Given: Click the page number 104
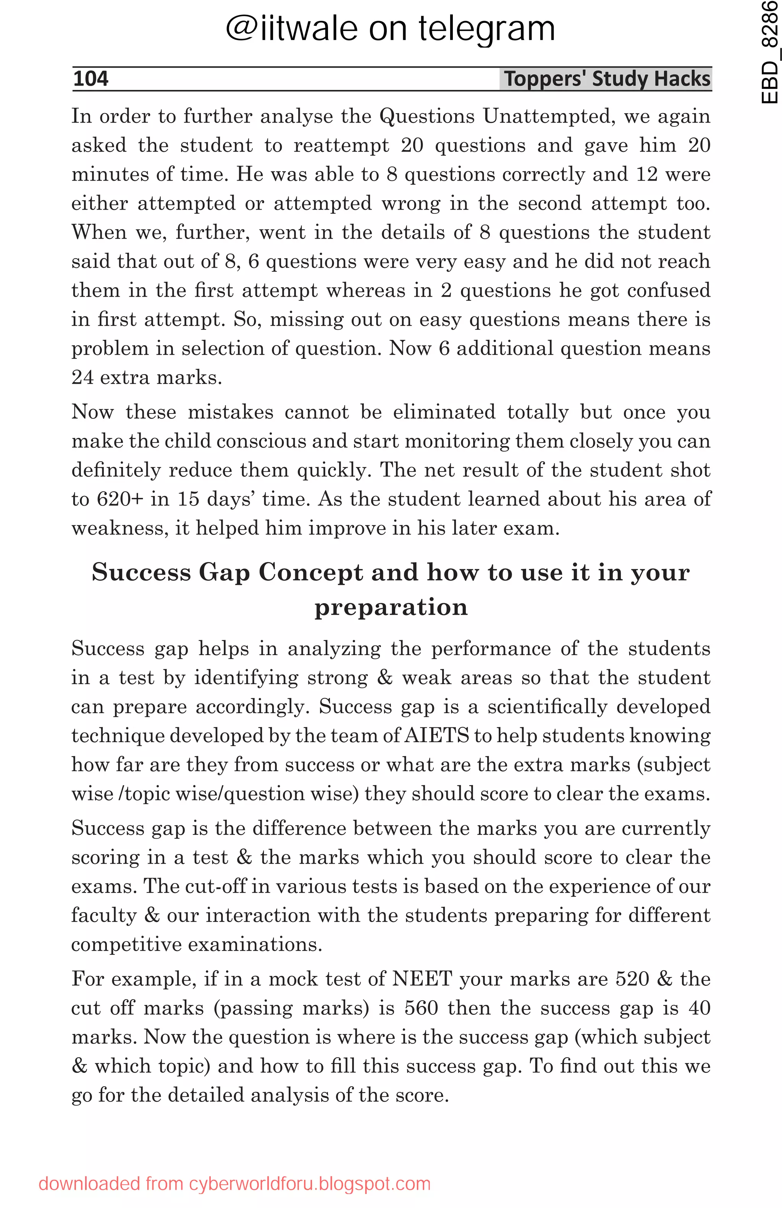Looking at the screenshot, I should [90, 79].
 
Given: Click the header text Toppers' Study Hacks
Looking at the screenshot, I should [606, 79].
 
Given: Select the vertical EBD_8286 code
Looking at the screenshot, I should [769, 52].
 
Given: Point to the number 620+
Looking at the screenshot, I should [120, 499].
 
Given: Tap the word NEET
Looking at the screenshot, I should [422, 979].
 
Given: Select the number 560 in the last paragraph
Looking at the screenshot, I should [421, 1008].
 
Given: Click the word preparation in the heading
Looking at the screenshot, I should [391, 607].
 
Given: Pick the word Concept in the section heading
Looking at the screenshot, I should [310, 573].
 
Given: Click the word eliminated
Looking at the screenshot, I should [444, 412].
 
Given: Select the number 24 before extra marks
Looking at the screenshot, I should [82, 378].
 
